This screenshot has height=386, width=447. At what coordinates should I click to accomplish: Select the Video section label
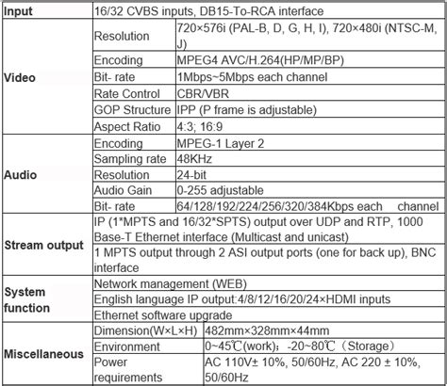22,77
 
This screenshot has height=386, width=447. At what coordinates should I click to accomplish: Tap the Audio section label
22,175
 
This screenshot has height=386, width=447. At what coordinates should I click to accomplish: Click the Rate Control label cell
129,90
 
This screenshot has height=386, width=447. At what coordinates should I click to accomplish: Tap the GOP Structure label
136,107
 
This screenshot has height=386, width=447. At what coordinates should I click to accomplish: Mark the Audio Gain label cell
124,191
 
